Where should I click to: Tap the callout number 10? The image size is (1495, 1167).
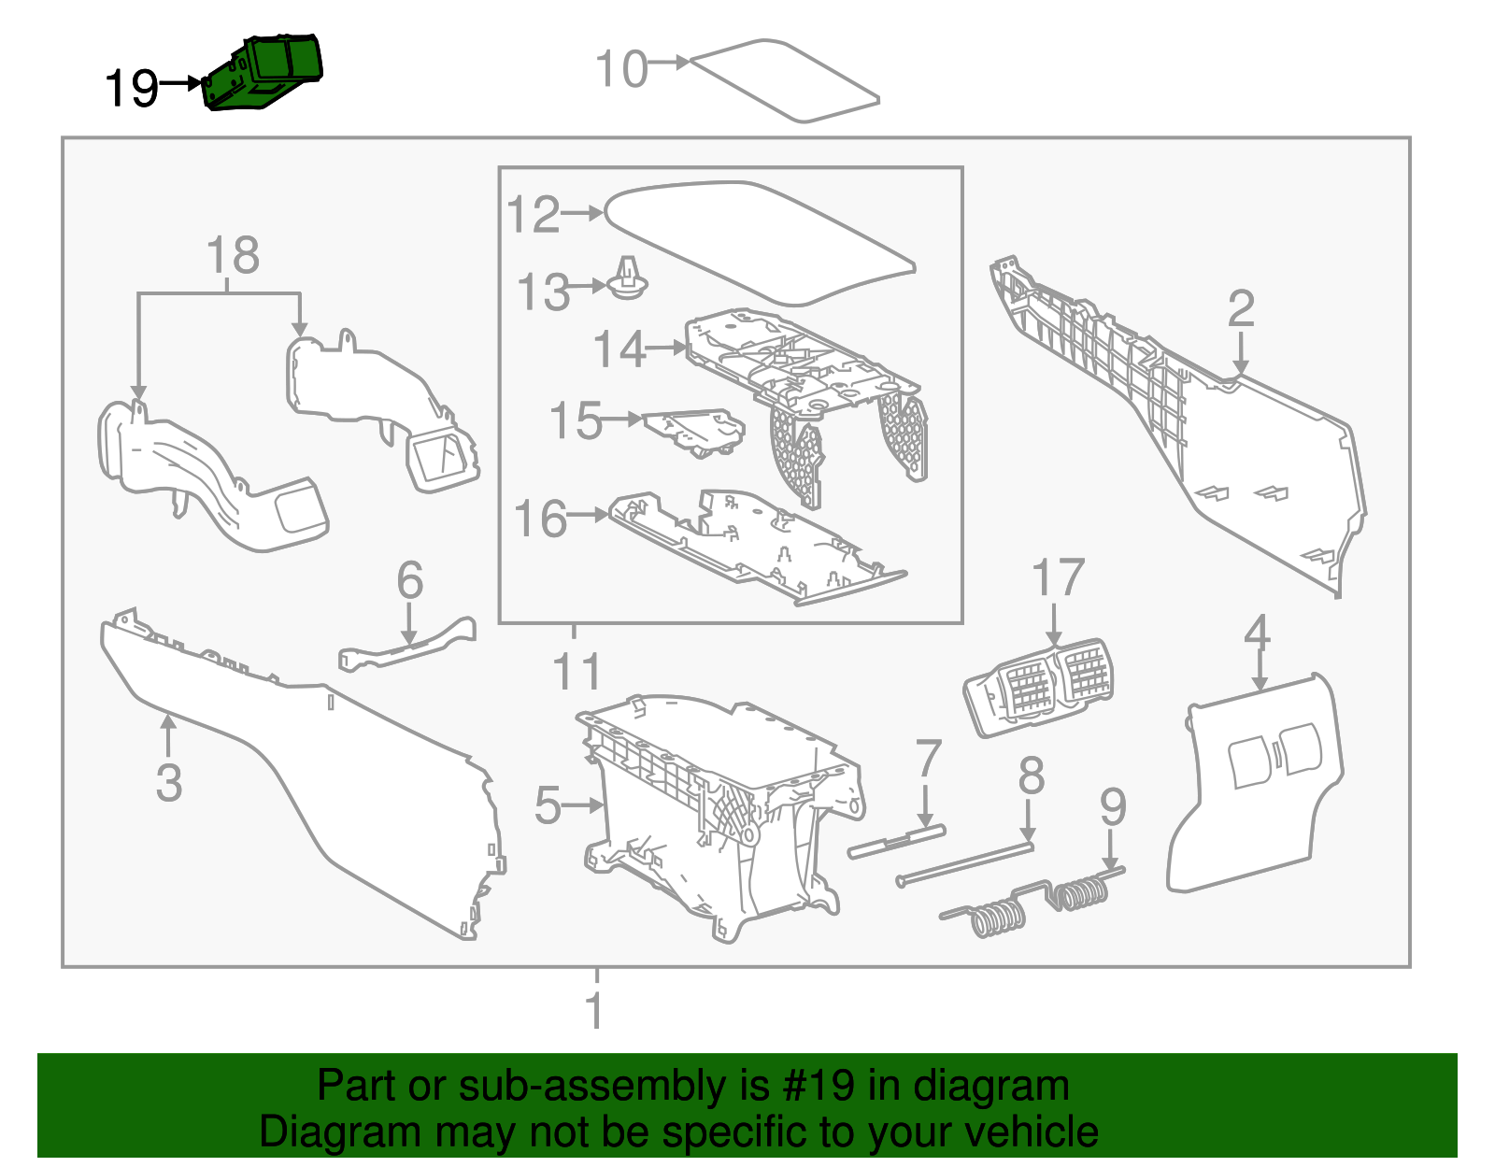pyautogui.click(x=621, y=69)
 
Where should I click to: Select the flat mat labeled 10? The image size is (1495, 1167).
pyautogui.click(x=785, y=81)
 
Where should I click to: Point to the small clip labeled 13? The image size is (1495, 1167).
pyautogui.click(x=629, y=280)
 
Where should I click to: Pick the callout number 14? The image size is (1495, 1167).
pyautogui.click(x=619, y=349)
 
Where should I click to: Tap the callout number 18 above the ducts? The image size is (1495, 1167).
pyautogui.click(x=232, y=255)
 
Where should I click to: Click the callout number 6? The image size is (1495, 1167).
pyautogui.click(x=410, y=580)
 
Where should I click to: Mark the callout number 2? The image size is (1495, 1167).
pyautogui.click(x=1240, y=308)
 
